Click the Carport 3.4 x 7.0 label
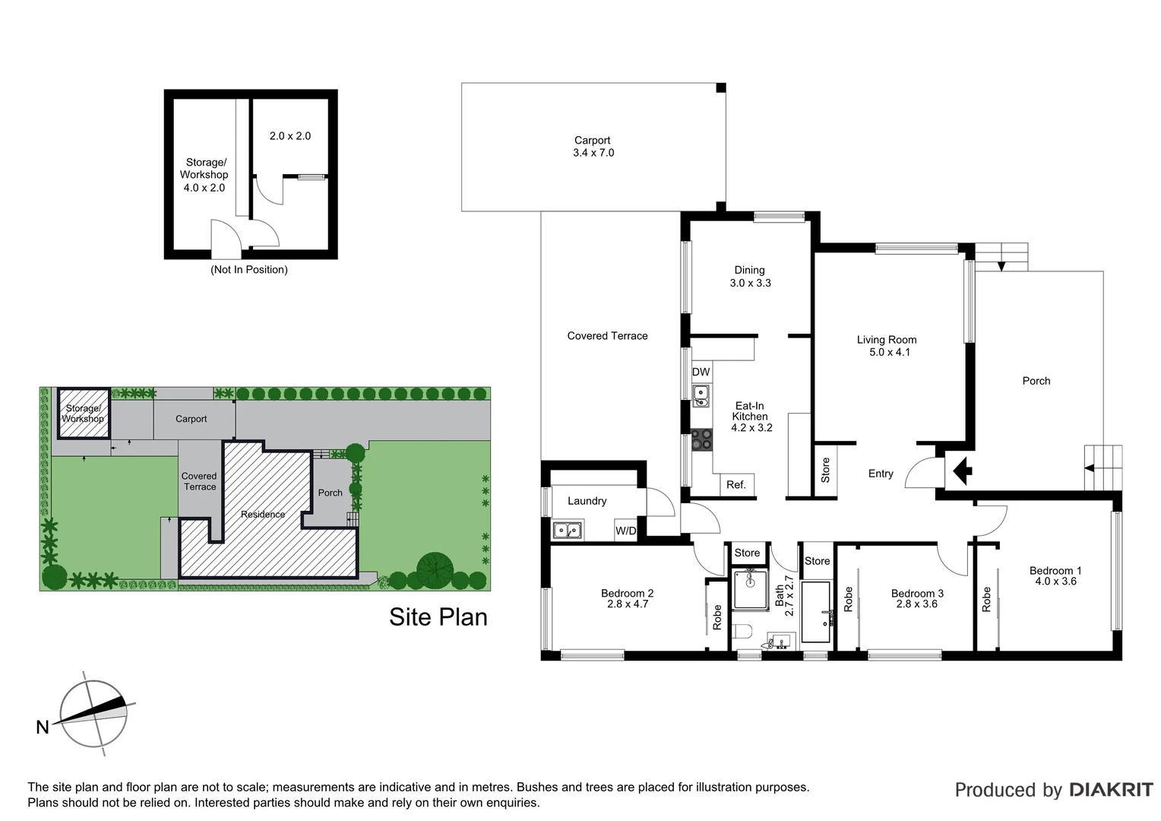pos(593,147)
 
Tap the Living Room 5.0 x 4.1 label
pos(886,346)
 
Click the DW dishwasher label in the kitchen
pos(701,372)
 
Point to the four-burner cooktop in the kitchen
pos(702,439)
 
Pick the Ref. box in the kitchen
pos(736,485)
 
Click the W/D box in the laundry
pos(626,531)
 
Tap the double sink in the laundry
pos(568,530)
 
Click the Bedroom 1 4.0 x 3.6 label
pos(1055,576)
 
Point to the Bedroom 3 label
pos(917,594)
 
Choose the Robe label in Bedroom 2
pos(717,617)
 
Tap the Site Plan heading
pos(438,617)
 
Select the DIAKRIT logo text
pos(1111,790)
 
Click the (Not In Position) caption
pos(249,270)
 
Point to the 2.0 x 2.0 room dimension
pos(289,136)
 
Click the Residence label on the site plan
pos(263,515)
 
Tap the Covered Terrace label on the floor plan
pos(607,336)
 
